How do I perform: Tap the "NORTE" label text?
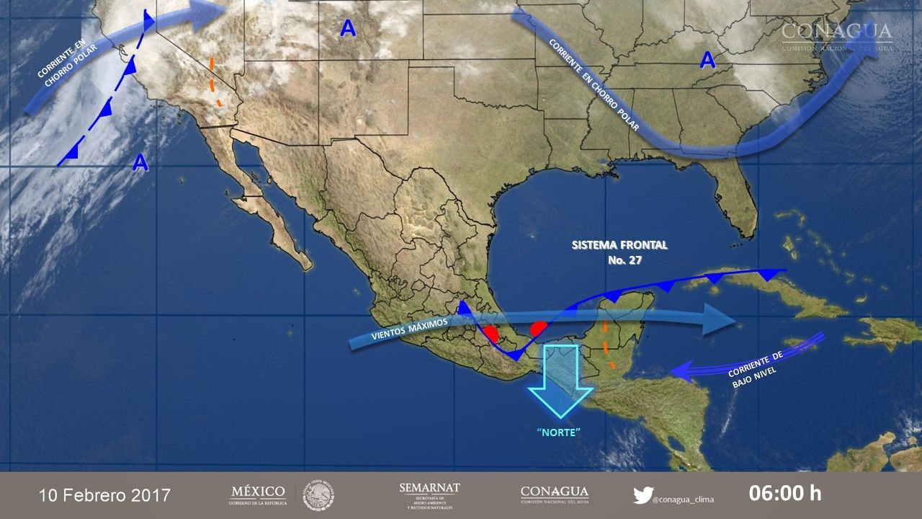(x=559, y=432)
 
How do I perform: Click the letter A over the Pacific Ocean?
(x=140, y=164)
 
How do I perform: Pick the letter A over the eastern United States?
(x=708, y=61)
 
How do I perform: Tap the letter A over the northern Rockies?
(x=348, y=29)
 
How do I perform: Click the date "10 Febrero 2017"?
(x=105, y=495)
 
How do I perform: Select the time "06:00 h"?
(x=785, y=494)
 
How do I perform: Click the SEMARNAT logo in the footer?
(x=429, y=494)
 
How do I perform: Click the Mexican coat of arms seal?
(x=318, y=495)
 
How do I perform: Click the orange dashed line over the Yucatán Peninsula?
(x=607, y=345)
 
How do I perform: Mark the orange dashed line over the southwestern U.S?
(x=214, y=82)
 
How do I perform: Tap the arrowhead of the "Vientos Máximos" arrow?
(x=720, y=318)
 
